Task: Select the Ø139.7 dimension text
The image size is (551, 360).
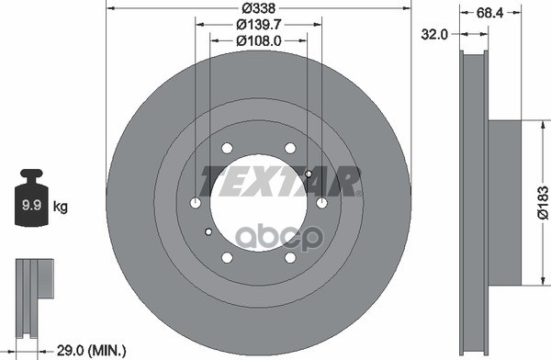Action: [x=258, y=25]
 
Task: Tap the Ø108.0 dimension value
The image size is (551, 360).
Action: [x=258, y=41]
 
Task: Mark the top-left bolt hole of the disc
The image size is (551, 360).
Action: [x=226, y=149]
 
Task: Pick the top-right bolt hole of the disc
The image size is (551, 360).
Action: [x=290, y=149]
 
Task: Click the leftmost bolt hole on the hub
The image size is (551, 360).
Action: [x=195, y=203]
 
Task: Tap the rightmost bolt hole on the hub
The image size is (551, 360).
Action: [x=321, y=203]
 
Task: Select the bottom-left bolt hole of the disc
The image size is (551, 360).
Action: [x=226, y=257]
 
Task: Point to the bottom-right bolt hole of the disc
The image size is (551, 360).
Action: [x=290, y=257]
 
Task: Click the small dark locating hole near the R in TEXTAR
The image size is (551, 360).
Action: [x=309, y=174]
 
